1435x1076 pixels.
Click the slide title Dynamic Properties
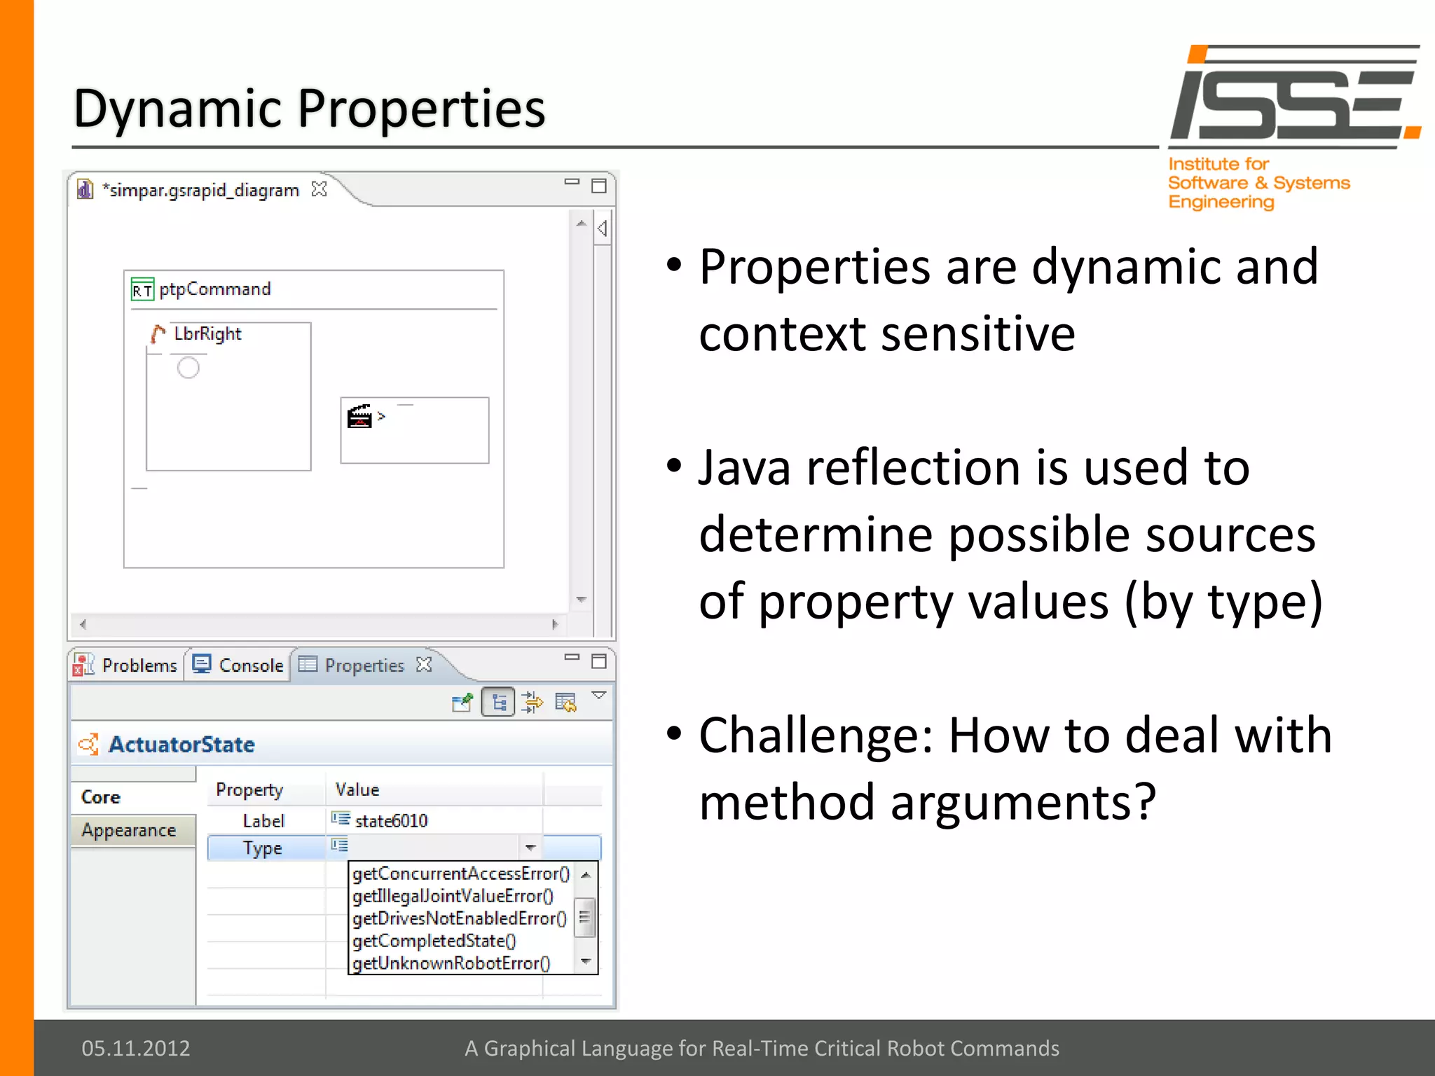coord(309,109)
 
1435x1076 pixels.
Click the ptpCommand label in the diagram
coord(214,289)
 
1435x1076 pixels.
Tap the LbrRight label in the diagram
coord(207,333)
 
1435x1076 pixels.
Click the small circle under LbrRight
coord(188,367)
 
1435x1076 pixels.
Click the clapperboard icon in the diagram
coord(359,416)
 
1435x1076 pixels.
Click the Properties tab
coord(364,665)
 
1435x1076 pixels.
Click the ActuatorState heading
coord(181,744)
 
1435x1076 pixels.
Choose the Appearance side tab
coord(129,830)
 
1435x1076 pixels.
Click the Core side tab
coord(101,797)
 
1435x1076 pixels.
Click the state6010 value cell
coord(391,820)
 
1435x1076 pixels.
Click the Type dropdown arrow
coord(530,848)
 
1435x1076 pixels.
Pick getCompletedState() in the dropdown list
coord(434,941)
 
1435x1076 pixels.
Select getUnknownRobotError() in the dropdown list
coord(451,963)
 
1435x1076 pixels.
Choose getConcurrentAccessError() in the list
coord(460,874)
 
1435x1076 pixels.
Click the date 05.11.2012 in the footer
coord(136,1048)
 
